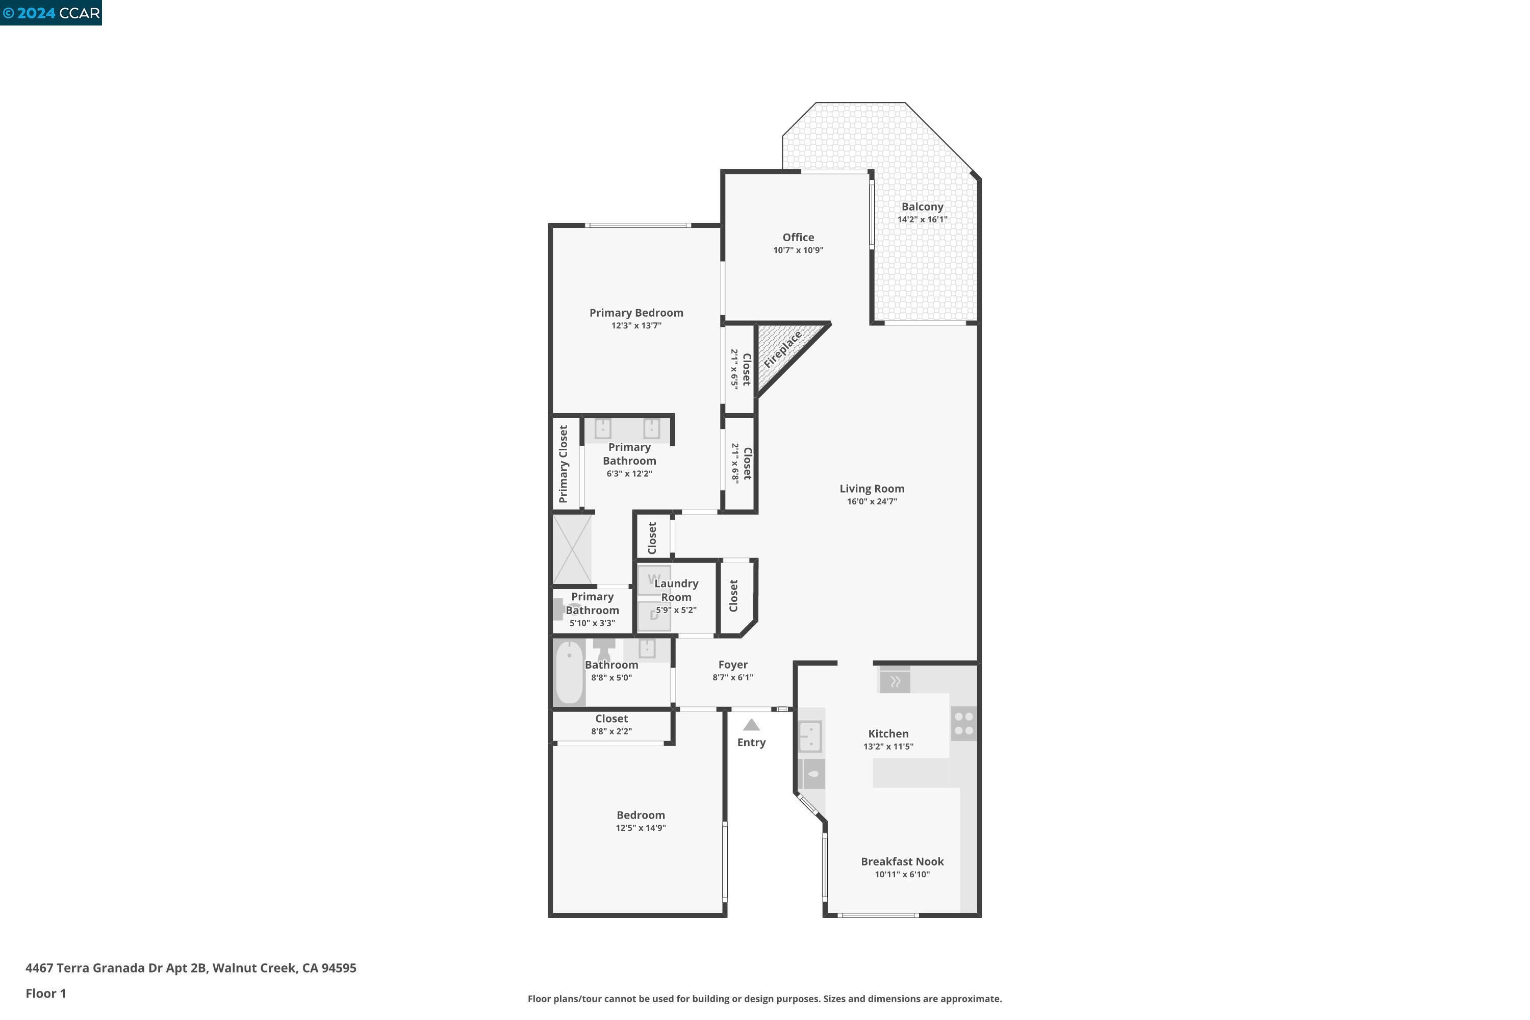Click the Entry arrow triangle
(x=751, y=725)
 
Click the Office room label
(x=798, y=238)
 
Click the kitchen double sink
(x=810, y=736)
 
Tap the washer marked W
(x=654, y=579)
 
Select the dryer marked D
(x=654, y=616)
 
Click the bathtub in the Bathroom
(x=569, y=673)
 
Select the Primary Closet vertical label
(x=564, y=464)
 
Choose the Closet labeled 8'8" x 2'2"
(x=611, y=725)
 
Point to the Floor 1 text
(x=45, y=993)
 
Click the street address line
(x=191, y=968)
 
